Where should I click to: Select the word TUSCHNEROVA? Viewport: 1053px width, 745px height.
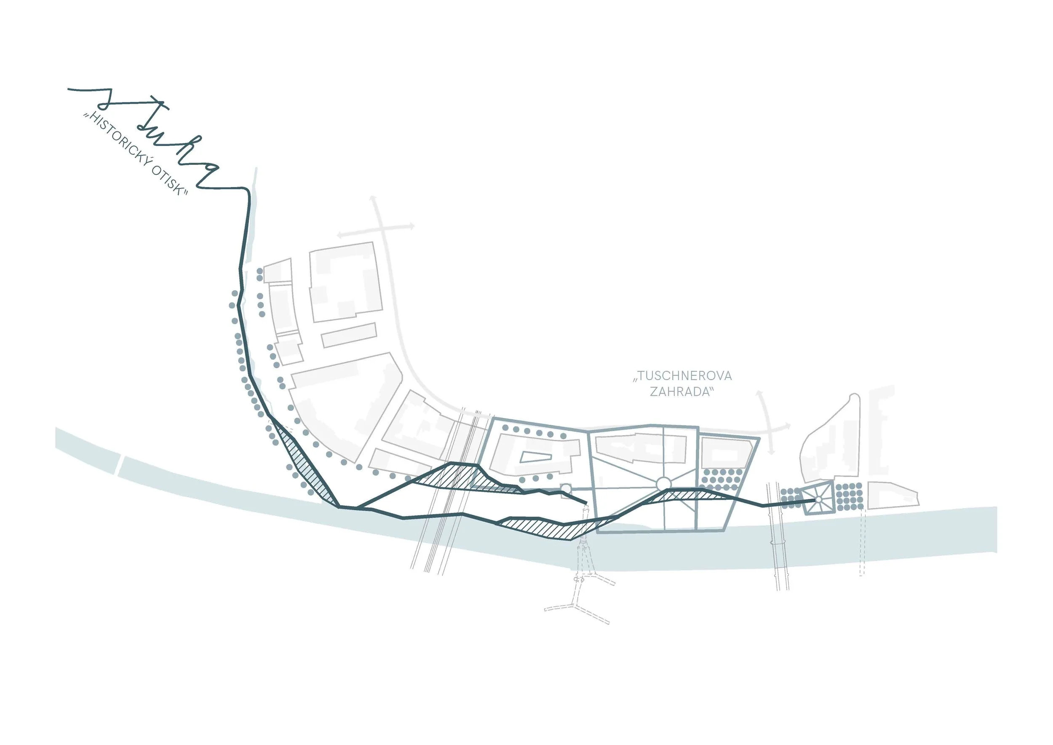pyautogui.click(x=682, y=376)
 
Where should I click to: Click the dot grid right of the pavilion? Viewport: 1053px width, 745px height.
pyautogui.click(x=850, y=497)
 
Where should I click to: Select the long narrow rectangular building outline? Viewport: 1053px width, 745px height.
pyautogui.click(x=349, y=335)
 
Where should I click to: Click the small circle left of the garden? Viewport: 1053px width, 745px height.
pyautogui.click(x=566, y=489)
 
